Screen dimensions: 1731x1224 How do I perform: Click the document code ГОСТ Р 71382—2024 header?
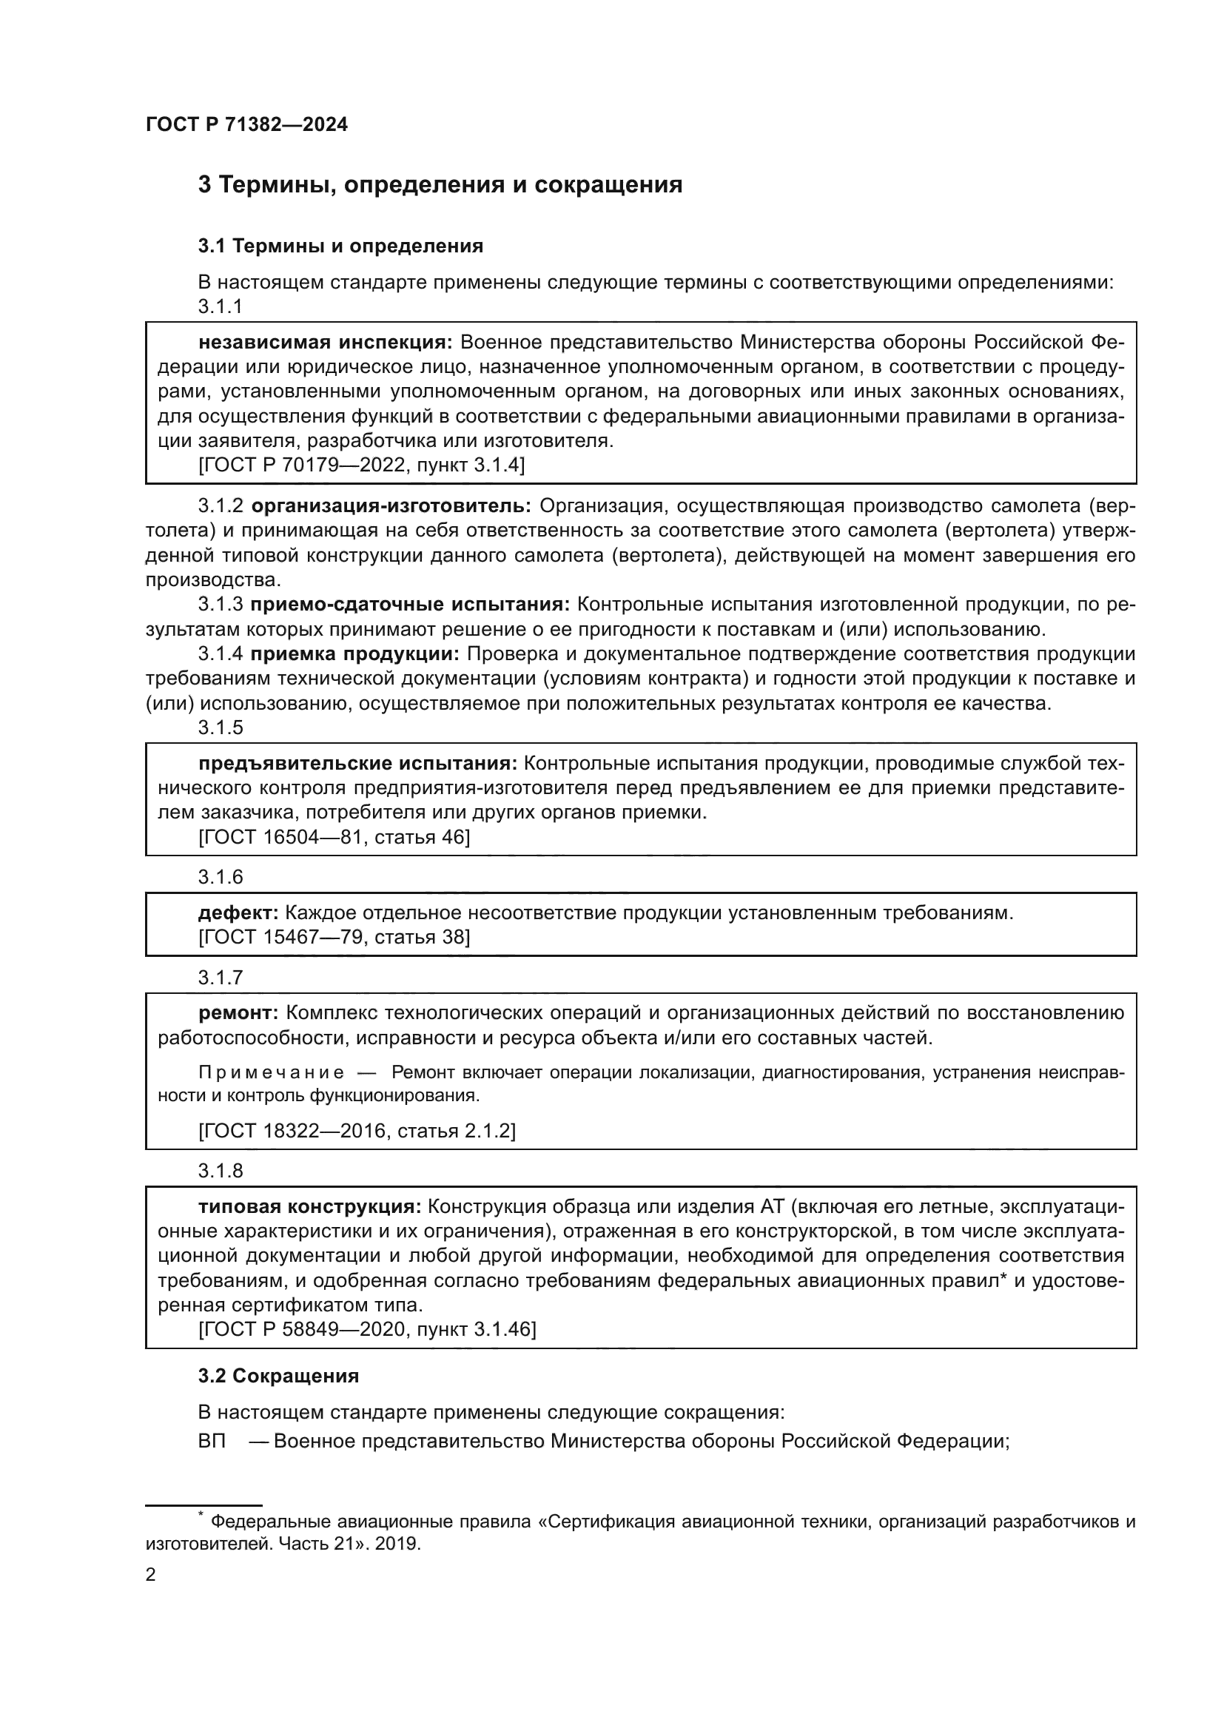pos(246,125)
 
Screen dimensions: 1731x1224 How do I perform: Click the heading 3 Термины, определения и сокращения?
pos(440,185)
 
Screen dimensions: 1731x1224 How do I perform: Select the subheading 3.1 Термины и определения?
pos(340,246)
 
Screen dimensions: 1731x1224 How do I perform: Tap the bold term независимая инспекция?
pos(325,343)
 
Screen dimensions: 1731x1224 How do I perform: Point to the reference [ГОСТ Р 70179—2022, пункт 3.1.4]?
pos(361,465)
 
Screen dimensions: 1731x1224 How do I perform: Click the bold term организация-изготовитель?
pos(391,505)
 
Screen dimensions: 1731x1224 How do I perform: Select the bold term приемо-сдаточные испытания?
pos(410,604)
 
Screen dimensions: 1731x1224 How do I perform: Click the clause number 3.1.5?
pos(220,727)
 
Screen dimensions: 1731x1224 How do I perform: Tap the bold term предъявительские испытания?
pos(358,763)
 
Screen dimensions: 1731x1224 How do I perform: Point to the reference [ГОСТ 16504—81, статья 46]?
pos(334,837)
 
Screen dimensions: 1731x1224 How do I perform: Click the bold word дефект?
pos(238,913)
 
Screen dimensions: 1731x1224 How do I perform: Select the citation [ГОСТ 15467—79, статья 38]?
pos(334,937)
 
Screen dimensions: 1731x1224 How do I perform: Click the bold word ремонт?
pos(238,1012)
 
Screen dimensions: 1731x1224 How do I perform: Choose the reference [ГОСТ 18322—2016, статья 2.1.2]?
pos(357,1131)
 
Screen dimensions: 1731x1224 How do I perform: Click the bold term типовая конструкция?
pos(310,1206)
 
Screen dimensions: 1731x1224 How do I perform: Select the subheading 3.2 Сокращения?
pos(278,1376)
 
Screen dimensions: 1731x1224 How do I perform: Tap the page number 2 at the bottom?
pos(151,1575)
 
